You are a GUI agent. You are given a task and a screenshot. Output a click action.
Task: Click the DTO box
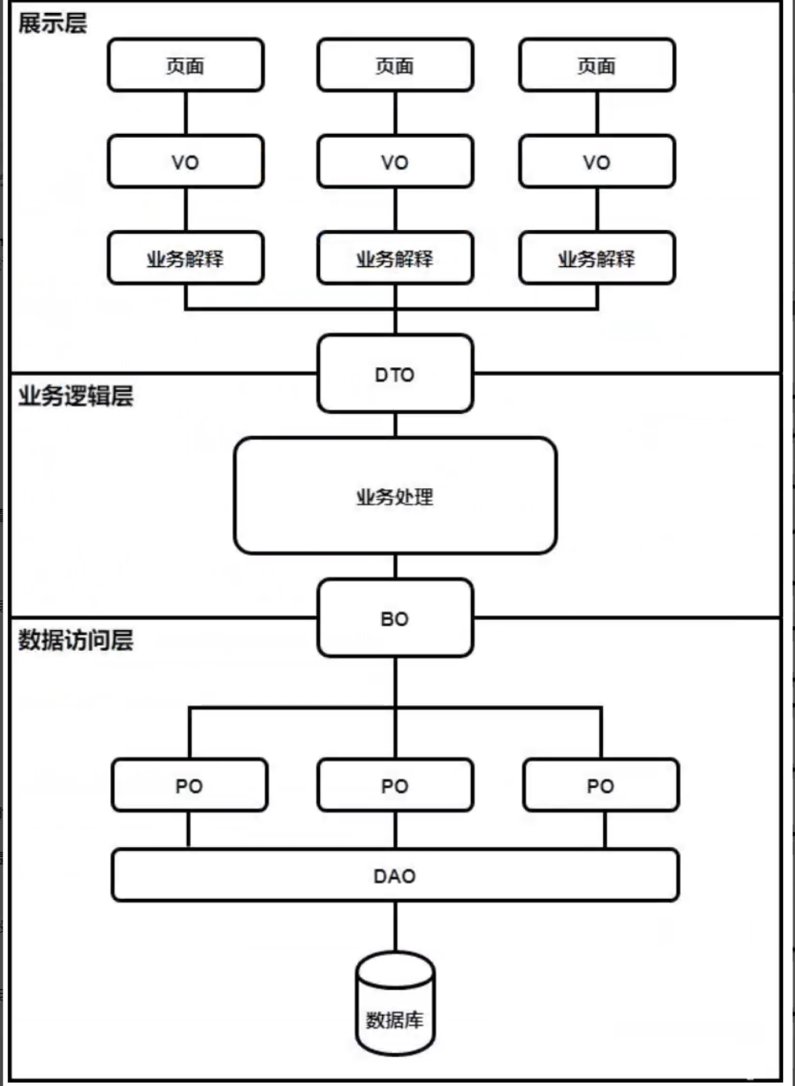click(395, 374)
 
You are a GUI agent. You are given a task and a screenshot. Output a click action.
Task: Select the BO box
click(395, 618)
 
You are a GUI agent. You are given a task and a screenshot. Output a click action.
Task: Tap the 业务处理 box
click(395, 496)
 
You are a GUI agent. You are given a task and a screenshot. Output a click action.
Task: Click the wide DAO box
click(395, 875)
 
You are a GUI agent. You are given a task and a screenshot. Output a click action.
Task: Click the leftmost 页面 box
click(185, 65)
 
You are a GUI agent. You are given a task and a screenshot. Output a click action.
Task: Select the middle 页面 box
click(395, 65)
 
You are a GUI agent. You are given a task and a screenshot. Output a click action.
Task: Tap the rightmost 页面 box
click(597, 65)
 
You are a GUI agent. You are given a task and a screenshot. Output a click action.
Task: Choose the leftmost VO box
click(185, 162)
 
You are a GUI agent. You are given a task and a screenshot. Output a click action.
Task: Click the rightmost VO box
click(597, 162)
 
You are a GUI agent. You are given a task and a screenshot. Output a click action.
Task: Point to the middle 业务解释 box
click(395, 258)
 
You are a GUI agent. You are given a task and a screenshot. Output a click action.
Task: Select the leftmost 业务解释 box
click(185, 258)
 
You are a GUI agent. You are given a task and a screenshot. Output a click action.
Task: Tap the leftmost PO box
click(189, 785)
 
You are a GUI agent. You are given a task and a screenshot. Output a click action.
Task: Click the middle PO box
click(395, 785)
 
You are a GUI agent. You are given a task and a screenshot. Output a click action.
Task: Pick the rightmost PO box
click(601, 785)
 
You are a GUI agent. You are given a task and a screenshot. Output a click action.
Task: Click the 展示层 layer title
click(52, 23)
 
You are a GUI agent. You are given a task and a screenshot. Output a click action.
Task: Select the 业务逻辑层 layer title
click(76, 395)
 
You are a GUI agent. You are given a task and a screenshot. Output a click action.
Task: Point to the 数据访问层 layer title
click(76, 640)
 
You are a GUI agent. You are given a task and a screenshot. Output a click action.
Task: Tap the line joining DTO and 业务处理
click(395, 425)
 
